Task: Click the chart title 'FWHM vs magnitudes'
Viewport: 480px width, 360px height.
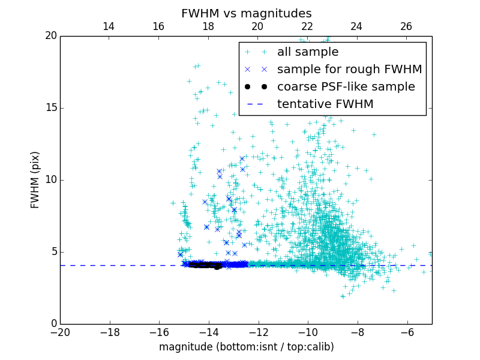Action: click(246, 13)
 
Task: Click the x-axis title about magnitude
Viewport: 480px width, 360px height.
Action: click(246, 347)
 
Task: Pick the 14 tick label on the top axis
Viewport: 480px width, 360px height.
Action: click(109, 26)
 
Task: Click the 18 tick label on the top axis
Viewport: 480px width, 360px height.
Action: click(208, 26)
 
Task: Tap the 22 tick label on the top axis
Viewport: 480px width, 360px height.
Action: click(307, 26)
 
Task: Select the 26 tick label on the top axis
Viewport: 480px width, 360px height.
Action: click(406, 26)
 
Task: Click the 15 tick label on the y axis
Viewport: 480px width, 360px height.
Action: click(50, 108)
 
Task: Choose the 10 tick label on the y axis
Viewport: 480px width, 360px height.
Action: click(50, 180)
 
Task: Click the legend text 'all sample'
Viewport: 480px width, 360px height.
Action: click(308, 52)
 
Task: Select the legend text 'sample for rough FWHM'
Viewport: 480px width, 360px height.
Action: click(349, 70)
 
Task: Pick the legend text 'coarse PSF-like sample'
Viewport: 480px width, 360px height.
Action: click(346, 87)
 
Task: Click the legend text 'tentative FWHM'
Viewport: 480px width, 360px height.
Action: click(325, 104)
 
